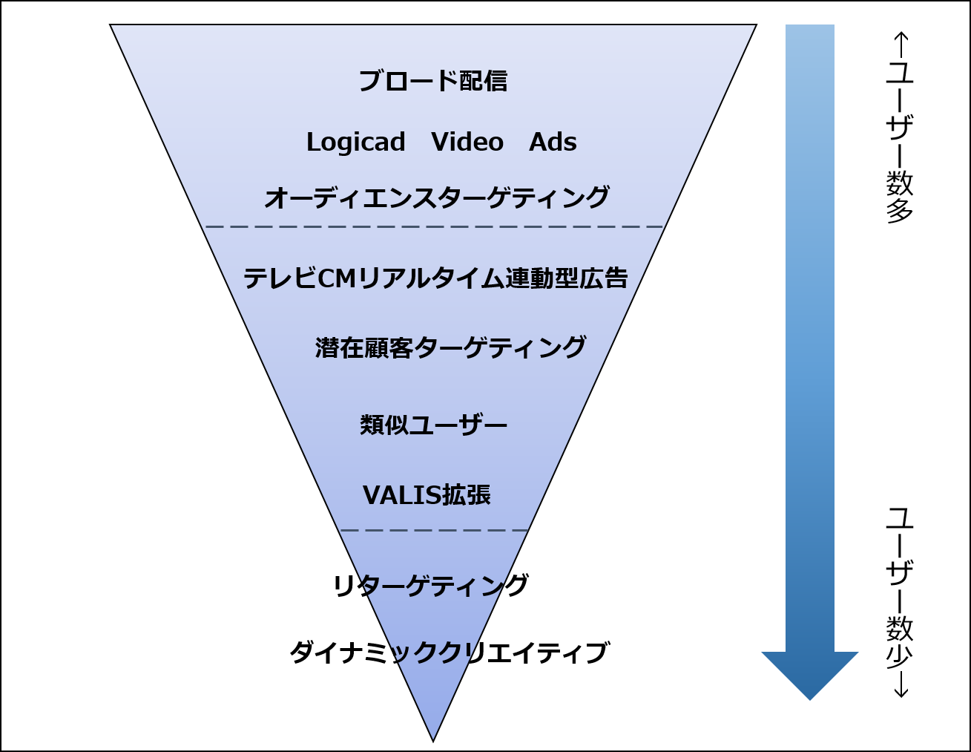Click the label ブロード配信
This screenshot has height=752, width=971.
[433, 81]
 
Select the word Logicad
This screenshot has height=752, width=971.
[356, 143]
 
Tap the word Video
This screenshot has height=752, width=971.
[467, 142]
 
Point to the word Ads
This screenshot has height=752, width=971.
[553, 142]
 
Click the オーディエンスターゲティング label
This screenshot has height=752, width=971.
[437, 197]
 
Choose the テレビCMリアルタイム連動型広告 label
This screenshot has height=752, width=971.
[435, 278]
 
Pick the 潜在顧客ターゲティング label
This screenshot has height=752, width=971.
[450, 347]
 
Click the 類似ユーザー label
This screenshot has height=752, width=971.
[433, 425]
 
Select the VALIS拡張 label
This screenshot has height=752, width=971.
[427, 495]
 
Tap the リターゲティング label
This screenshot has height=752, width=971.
[431, 585]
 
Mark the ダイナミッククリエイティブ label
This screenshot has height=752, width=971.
[449, 653]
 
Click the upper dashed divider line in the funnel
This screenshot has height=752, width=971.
[433, 226]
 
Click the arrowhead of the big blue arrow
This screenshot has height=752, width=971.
[810, 675]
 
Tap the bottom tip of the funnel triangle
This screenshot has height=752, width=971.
[433, 742]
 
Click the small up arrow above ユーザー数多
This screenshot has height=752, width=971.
[901, 45]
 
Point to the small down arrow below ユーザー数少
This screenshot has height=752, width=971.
[901, 684]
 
